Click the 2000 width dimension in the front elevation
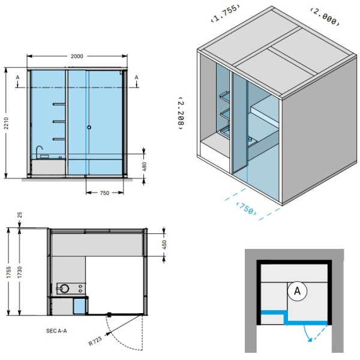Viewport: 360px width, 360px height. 77,56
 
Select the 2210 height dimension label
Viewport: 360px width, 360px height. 6,123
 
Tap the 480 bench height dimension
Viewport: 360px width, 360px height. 144,166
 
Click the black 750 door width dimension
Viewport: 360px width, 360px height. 104,193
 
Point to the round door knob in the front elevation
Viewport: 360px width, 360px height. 89,127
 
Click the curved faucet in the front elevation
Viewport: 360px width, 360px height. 39,150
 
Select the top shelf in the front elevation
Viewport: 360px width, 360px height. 59,104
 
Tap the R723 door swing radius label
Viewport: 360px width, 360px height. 95,340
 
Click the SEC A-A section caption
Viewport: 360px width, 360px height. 56,331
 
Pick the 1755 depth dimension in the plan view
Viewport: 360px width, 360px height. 8,272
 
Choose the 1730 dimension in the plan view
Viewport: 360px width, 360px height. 20,272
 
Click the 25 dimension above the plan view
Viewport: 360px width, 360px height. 20,215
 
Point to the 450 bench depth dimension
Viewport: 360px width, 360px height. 164,245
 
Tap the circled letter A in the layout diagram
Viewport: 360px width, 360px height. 298,291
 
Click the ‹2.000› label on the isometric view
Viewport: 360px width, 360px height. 325,16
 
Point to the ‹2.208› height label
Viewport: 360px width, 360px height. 181,113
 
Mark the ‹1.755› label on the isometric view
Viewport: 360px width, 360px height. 226,13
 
